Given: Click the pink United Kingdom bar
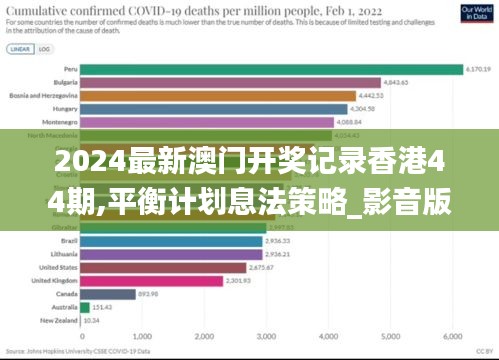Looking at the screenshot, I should coord(149,281).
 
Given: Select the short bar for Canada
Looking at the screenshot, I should coord(109,294).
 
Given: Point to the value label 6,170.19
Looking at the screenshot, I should coord(479,69).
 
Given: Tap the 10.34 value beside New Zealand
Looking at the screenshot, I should coord(90,320).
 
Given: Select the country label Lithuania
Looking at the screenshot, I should coord(59,255).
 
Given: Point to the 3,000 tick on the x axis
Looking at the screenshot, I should coord(267,337).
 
